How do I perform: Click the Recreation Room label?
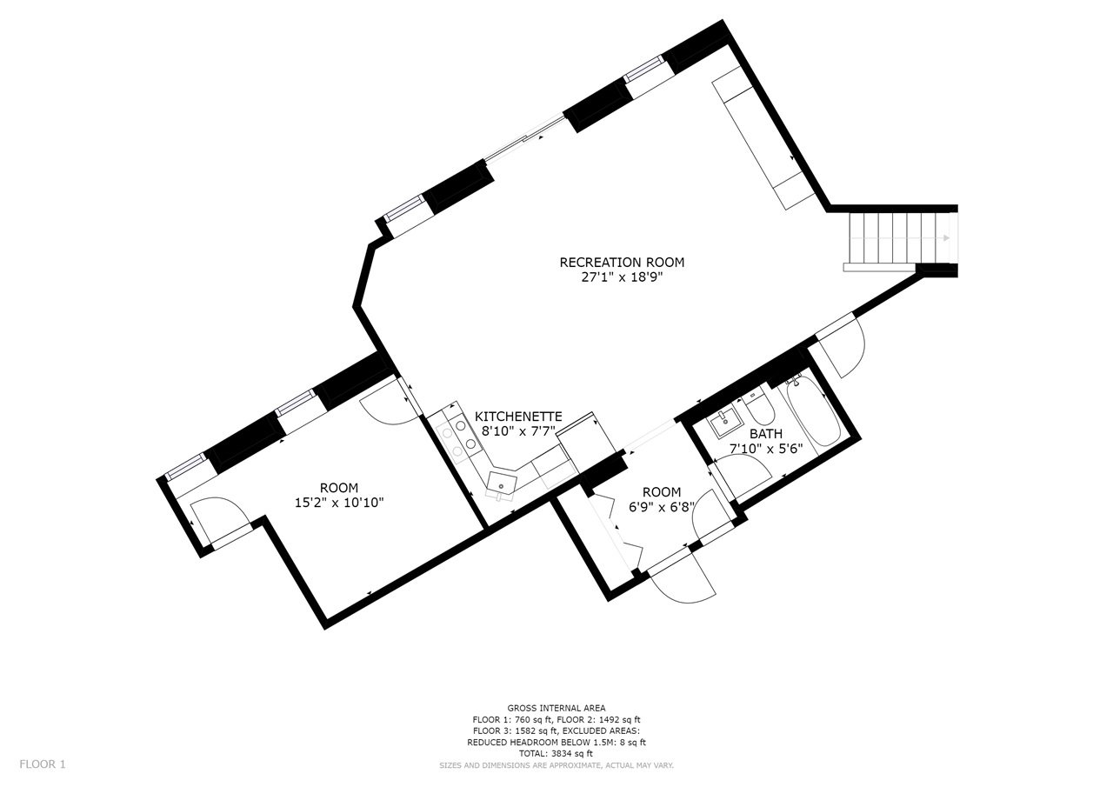[x=622, y=263]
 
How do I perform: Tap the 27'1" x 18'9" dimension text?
[x=623, y=277]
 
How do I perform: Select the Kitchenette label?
[x=518, y=417]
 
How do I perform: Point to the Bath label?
[x=766, y=434]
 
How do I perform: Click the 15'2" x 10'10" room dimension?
[x=339, y=503]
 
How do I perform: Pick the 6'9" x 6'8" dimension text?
[x=662, y=507]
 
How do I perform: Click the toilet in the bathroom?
[x=759, y=410]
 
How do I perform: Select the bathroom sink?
[x=724, y=423]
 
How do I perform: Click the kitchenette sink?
[x=501, y=484]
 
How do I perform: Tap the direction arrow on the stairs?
[x=900, y=238]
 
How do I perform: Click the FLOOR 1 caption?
[x=43, y=764]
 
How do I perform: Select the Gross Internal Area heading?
[x=556, y=709]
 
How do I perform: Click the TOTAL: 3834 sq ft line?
[x=556, y=754]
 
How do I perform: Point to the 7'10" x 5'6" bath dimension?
[x=766, y=449]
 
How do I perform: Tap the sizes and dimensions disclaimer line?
[x=556, y=765]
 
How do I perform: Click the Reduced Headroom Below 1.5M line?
[x=556, y=743]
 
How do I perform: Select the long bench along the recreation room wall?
[x=764, y=137]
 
